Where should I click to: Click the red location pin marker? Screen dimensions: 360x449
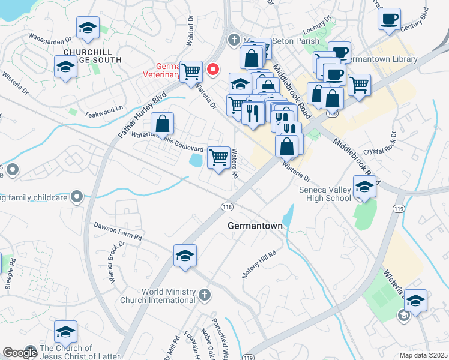(x=212, y=70)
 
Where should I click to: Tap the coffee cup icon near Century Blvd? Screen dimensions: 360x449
(x=390, y=19)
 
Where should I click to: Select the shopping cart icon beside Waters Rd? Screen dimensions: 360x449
(x=218, y=158)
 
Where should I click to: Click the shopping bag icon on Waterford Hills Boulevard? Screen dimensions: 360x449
(x=162, y=124)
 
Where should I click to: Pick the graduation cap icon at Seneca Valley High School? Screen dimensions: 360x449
(x=364, y=187)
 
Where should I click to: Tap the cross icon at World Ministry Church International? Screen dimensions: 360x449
(x=205, y=295)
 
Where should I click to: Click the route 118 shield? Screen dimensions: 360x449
(x=226, y=206)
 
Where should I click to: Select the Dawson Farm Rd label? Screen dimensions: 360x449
(x=118, y=231)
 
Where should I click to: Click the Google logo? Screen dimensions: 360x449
(x=20, y=353)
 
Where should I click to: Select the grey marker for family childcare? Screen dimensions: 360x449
(x=76, y=196)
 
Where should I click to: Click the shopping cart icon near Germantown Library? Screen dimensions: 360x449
(x=359, y=85)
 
